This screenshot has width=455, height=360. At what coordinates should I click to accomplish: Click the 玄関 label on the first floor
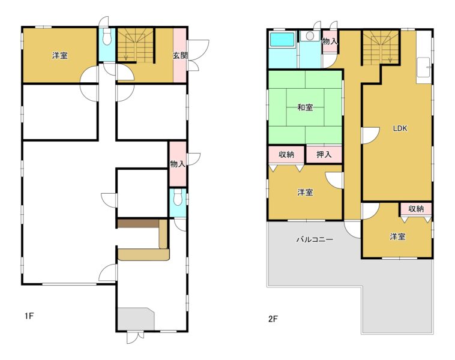tap(180, 55)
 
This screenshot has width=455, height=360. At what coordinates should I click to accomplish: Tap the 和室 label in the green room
tap(306, 107)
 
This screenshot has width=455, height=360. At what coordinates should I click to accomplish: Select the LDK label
tap(400, 128)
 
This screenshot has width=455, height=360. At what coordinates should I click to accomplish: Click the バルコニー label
tap(315, 239)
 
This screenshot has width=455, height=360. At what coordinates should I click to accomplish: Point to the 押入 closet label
tap(324, 154)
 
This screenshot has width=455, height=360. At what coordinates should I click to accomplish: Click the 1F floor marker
tap(29, 316)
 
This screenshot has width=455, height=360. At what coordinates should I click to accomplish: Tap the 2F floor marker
tap(273, 319)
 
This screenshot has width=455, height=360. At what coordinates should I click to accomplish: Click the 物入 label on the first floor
tap(178, 164)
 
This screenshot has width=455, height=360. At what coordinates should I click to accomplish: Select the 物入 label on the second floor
tap(330, 41)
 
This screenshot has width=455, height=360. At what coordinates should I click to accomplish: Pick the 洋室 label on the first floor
tap(60, 55)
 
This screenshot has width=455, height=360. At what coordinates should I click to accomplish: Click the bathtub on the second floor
tap(282, 40)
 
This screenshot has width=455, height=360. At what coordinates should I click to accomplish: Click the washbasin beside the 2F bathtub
tap(310, 36)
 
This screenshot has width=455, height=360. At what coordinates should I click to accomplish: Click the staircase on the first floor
tap(135, 44)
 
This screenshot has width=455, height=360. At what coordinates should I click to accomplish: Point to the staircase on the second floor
tap(380, 47)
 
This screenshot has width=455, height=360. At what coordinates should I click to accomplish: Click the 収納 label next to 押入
tap(286, 154)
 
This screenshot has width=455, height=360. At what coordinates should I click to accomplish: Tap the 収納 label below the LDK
tap(416, 208)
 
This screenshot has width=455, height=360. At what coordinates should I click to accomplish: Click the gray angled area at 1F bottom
tap(136, 319)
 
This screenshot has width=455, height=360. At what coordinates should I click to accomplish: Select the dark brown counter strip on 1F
tap(138, 223)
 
